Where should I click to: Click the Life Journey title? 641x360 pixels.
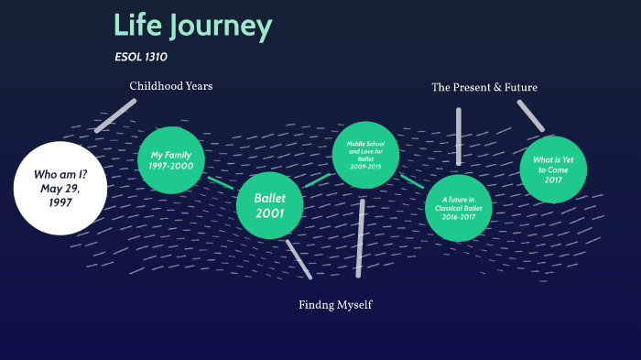point(192,26)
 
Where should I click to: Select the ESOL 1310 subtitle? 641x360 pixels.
point(140,57)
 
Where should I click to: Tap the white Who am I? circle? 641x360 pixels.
point(60,187)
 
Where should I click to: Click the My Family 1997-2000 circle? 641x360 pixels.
point(171,160)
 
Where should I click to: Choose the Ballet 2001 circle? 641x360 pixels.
point(270,205)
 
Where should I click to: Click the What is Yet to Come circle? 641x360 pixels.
point(552,166)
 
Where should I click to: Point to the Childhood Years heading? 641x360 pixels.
point(170,87)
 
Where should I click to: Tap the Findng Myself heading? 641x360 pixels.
point(335,304)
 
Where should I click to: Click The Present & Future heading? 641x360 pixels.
point(484,87)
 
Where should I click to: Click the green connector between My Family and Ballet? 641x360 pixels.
point(221,182)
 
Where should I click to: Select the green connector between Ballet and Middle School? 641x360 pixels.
point(317,180)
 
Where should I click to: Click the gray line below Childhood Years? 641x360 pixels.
point(115,115)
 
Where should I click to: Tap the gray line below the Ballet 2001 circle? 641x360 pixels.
point(299,259)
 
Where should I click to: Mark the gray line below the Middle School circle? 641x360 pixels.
point(360,237)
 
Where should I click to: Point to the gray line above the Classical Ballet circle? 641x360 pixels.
point(458,136)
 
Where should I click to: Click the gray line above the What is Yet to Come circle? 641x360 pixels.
point(530,115)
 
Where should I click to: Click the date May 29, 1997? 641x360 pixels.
point(60,196)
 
